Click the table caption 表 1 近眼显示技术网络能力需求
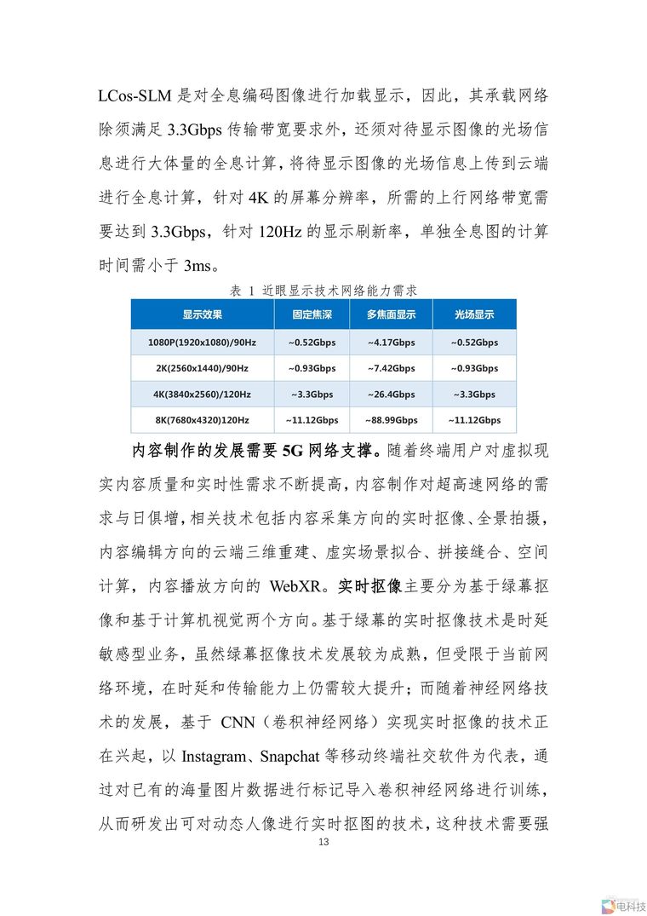[323, 291]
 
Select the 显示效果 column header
[202, 314]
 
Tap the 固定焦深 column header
[312, 314]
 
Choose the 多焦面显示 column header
[391, 314]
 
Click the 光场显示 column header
[474, 314]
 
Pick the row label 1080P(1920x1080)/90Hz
[202, 343]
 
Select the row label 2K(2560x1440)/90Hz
[202, 368]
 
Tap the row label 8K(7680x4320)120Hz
[202, 420]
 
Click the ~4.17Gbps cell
[391, 343]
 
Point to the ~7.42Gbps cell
[391, 368]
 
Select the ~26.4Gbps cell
[391, 395]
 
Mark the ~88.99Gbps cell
[391, 420]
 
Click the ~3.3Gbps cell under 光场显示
[474, 395]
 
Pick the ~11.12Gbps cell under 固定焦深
[312, 420]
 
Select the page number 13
[323, 843]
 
